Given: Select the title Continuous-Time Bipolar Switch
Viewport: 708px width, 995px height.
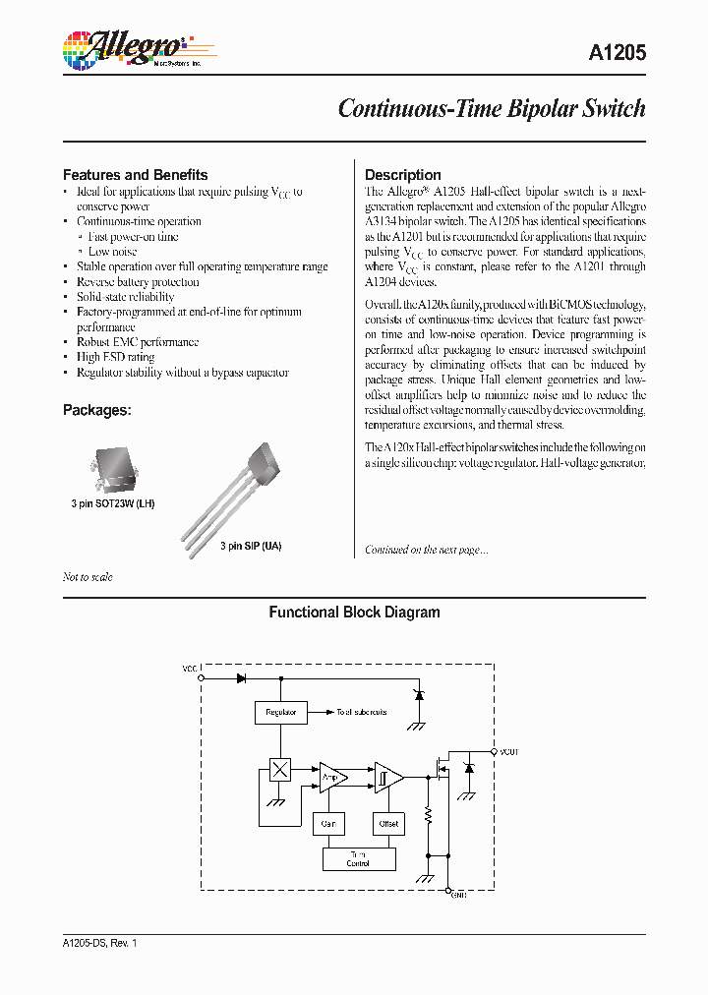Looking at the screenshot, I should [491, 108].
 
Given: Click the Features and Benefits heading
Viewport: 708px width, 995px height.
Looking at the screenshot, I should [135, 174].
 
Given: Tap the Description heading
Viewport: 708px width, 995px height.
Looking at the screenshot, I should [403, 174].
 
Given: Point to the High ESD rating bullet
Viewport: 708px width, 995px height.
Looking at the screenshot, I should [115, 357].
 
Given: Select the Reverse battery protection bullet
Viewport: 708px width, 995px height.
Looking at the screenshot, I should [138, 282].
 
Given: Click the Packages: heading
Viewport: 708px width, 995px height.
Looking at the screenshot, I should [97, 410].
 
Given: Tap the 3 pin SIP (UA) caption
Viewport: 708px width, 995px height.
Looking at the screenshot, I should [250, 546].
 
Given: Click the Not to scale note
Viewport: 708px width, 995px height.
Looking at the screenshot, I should [88, 577].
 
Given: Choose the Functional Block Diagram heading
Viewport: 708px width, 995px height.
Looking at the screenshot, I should [354, 612].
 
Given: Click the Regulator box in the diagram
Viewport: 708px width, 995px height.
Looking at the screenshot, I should [280, 712].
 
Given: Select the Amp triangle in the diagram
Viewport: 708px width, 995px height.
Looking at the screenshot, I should [331, 777].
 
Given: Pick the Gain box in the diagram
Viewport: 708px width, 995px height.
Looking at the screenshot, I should [328, 824].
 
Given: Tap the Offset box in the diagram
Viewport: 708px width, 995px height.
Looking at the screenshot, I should [387, 824].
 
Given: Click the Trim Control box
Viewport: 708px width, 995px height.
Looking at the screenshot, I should [358, 858].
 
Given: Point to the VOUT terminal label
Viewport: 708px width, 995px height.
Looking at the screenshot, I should [508, 752].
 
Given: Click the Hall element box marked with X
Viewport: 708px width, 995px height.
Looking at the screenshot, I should [280, 770].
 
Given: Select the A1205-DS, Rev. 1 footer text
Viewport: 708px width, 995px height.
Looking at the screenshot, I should [100, 943].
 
